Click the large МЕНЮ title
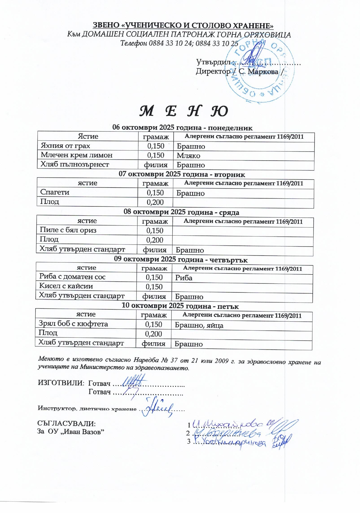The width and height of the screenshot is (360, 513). coord(183,111)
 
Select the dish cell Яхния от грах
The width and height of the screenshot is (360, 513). coord(65,146)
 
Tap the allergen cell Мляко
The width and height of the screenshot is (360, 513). coord(188,156)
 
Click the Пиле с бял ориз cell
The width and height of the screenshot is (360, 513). coord(68,230)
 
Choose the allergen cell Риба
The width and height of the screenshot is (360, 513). coord(184,278)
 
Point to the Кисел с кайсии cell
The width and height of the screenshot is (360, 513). coord(66,286)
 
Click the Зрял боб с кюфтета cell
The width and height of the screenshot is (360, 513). coord(73,324)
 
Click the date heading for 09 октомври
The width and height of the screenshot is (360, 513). coord(180,259)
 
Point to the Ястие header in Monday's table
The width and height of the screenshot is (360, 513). coord(88,136)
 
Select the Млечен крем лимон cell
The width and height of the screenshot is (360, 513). coord(76,155)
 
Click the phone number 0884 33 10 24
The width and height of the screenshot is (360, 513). coord(170,43)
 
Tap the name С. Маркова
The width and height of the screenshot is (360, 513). coord(258,72)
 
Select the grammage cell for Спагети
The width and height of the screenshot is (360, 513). coord(155,193)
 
